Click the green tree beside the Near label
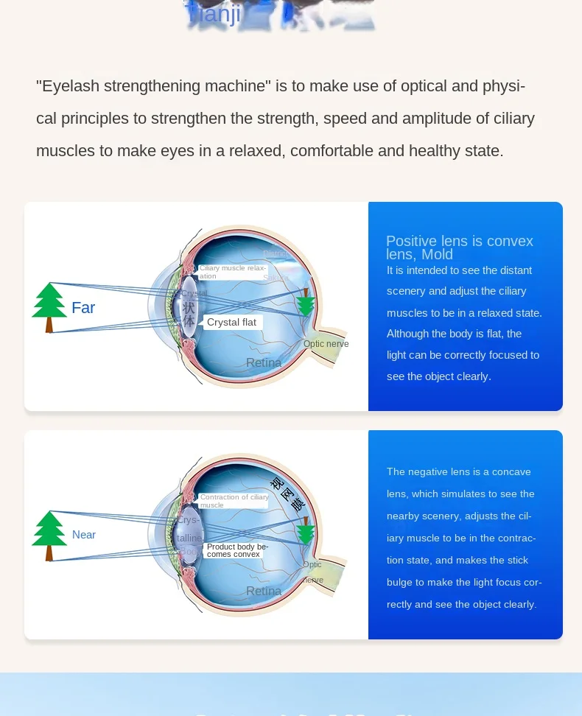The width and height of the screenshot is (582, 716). pos(49,535)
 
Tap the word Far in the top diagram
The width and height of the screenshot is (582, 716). pos(83,308)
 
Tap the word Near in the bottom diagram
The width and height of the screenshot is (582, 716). pos(84,535)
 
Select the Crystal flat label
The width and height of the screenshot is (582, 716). pos(231,323)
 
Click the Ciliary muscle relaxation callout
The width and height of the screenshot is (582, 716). pos(232,272)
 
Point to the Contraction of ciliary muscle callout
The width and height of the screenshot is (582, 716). pos(234,501)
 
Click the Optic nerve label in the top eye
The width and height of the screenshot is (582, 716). pos(326,344)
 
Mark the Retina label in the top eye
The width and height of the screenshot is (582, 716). pos(264,362)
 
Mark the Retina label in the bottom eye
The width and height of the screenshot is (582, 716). pos(264,591)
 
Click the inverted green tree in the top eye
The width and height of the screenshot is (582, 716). pos(306,303)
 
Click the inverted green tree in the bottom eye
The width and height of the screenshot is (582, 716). pos(306,532)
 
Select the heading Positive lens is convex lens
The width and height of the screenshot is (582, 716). pos(459,248)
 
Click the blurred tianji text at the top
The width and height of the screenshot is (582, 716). pos(214,14)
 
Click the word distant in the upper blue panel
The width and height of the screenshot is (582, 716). pos(516,270)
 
